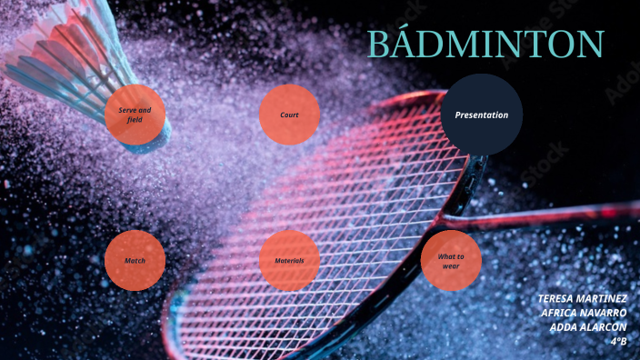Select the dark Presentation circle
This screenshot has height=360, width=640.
(481, 115)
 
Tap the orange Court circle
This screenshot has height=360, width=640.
(289, 115)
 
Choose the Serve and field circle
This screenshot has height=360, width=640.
(135, 115)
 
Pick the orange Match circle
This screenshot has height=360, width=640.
(135, 261)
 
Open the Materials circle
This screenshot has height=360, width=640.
(289, 261)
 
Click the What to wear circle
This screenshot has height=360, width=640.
(451, 261)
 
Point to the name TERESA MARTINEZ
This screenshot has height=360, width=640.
(582, 298)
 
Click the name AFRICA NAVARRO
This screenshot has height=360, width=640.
(585, 312)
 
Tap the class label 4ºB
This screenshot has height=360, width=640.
(619, 341)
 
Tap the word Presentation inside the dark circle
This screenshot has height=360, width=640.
(481, 115)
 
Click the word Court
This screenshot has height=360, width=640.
(289, 115)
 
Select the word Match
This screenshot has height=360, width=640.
(135, 261)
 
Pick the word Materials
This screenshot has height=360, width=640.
(289, 261)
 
